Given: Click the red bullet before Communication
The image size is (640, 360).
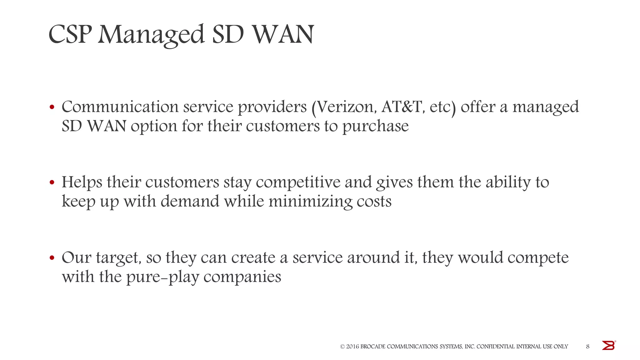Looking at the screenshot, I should [52, 107].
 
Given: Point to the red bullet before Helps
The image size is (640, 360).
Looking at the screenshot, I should [52, 182].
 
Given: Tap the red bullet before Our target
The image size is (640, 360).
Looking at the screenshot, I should [52, 258].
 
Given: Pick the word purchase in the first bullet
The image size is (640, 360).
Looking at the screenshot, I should [375, 127].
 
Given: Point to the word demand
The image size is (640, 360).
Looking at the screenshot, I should [190, 202].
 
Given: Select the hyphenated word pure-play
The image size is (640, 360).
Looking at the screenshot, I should [162, 277].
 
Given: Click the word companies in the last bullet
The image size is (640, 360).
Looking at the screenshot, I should [242, 277].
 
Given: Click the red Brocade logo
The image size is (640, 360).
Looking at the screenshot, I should [608, 346].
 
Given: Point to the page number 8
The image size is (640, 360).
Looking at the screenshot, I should [588, 346].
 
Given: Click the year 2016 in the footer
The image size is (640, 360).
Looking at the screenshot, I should [352, 347].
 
